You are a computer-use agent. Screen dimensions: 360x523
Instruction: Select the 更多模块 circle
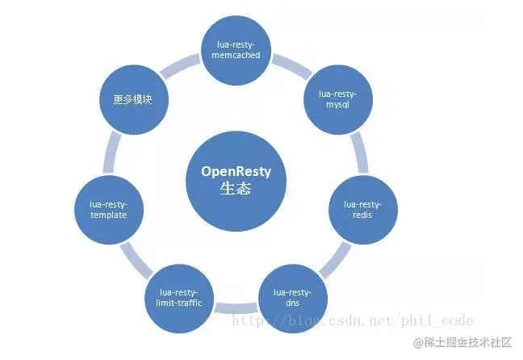(x=132, y=100)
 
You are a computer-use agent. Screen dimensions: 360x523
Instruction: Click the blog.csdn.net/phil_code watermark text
(x=352, y=320)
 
